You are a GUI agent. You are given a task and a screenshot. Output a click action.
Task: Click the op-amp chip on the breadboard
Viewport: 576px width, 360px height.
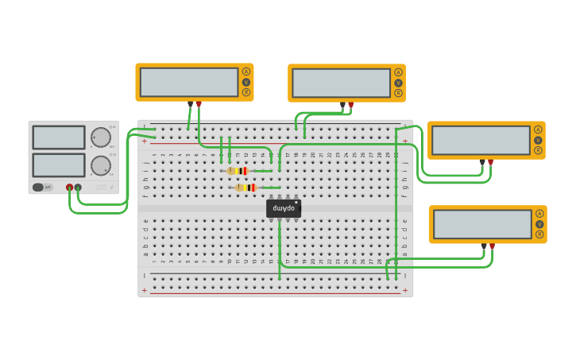284,207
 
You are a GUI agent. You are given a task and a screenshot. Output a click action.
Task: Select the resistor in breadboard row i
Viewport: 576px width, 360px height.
238,171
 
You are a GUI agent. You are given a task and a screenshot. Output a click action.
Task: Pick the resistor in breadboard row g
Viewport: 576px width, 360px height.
246,188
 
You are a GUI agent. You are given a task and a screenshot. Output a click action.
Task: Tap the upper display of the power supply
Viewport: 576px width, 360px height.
58,137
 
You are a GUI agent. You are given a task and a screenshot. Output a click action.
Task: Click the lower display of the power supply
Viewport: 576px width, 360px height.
58,165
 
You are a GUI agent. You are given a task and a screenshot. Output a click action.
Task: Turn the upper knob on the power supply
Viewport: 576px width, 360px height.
101,137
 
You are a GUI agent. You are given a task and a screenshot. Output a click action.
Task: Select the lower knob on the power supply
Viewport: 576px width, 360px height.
101,165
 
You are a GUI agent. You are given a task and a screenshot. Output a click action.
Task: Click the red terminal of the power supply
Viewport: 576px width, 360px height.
69,188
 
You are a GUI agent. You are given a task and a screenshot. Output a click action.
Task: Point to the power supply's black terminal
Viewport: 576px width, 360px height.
78,188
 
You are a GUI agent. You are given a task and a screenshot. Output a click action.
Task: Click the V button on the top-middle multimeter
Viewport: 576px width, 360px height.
398,83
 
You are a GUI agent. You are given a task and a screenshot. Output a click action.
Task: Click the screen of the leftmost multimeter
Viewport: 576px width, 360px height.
189,82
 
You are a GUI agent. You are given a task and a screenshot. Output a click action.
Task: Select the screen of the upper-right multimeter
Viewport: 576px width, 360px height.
481,141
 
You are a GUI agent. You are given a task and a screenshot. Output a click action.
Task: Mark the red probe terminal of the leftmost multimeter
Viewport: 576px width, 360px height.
199,103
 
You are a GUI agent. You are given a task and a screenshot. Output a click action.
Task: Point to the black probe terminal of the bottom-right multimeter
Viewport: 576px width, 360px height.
484,246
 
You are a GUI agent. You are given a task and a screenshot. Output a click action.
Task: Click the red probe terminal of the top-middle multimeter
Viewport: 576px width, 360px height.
350,104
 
